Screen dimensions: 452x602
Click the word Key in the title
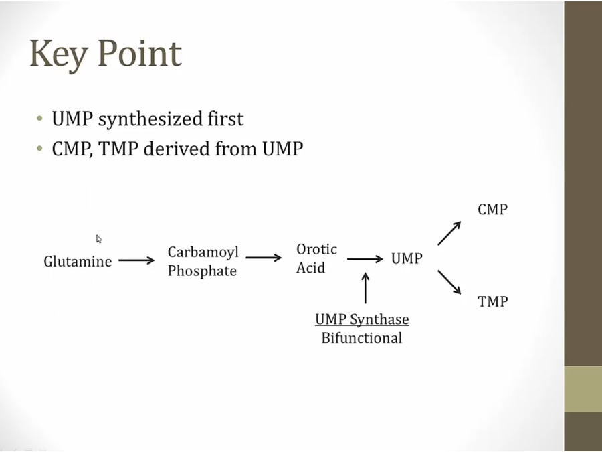pos(58,54)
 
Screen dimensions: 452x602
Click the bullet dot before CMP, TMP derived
pos(41,149)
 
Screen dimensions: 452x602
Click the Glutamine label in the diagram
pos(78,261)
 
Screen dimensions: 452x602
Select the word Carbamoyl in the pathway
pos(203,252)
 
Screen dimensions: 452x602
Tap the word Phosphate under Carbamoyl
pos(202,271)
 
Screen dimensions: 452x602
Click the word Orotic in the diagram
pos(316,249)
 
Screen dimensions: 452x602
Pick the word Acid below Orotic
pos(310,268)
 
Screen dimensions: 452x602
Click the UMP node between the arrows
pos(407,258)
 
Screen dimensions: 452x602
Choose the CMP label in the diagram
pos(492,210)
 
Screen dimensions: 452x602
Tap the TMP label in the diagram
pos(492,301)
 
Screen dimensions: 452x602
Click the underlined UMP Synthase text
pos(362,319)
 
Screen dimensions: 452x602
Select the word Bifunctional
pos(362,337)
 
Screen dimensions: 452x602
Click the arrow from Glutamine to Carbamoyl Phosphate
pos(136,260)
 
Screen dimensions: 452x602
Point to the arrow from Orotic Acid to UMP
pos(365,258)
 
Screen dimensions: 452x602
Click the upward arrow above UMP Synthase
pos(365,288)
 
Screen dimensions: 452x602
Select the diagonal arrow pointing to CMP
pos(449,234)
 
